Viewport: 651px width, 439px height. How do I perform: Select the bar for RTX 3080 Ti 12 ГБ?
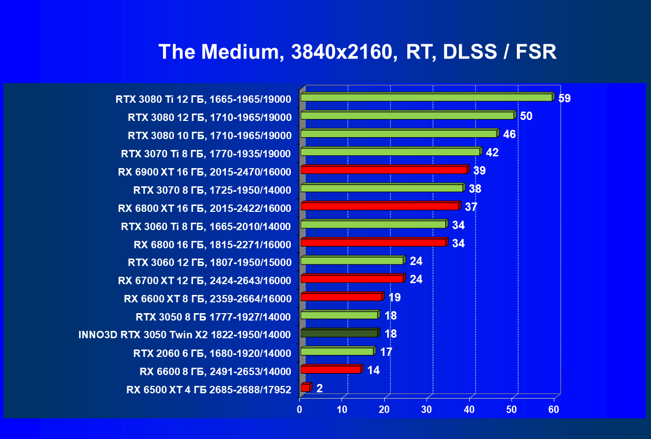tap(426, 97)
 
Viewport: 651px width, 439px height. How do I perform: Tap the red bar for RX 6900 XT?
tap(384, 170)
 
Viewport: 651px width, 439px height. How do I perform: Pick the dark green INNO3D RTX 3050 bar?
tap(339, 333)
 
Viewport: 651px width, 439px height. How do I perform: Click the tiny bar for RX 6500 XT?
tap(305, 388)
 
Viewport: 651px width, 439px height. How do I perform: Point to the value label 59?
tap(565, 98)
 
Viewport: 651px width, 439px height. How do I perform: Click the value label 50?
tap(526, 117)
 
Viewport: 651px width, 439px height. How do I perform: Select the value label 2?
tap(319, 388)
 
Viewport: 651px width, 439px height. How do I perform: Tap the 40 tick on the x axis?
tap(469, 409)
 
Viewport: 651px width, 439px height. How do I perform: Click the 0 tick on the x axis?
tap(300, 409)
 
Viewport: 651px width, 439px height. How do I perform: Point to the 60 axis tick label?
tap(554, 409)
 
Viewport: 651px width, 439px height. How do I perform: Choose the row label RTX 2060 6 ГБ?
tap(212, 353)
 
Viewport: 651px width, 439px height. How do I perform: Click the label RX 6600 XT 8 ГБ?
tap(208, 298)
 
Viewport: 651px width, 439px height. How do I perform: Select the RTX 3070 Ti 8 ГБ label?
tap(206, 153)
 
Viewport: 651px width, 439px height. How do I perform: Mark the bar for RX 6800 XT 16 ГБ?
tap(379, 206)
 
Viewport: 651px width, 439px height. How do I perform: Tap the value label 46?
tap(509, 134)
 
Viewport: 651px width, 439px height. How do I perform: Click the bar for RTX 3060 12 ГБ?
tap(352, 261)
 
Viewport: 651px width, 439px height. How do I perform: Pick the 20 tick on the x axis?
tap(384, 409)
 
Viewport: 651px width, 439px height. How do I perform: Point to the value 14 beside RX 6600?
tap(373, 370)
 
